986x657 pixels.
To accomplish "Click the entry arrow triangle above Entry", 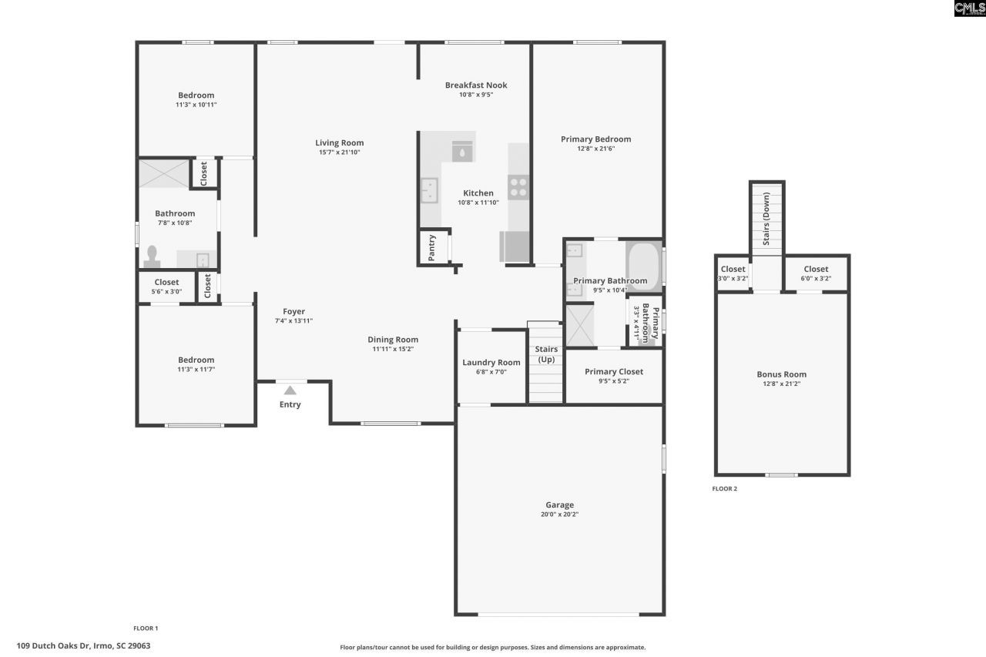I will (x=290, y=391).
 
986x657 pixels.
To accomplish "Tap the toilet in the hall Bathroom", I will (x=152, y=256).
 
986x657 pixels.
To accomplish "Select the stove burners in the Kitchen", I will (x=518, y=187).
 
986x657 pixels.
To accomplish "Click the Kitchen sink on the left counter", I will (x=429, y=190).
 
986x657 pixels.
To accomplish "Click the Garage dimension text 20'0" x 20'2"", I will (x=560, y=515).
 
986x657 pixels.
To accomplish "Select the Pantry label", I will (x=432, y=247).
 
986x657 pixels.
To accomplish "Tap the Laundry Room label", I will (x=491, y=363).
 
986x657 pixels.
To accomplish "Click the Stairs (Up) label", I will (x=546, y=354).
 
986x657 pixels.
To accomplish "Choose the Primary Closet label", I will (x=614, y=371).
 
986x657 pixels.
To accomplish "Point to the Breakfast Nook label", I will (x=476, y=85).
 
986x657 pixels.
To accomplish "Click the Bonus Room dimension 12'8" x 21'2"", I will (x=781, y=384).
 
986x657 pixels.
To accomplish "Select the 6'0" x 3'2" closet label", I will (x=816, y=278).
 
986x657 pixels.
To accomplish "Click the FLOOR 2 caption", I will (x=724, y=488).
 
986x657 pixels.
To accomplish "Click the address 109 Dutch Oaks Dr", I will (x=83, y=645).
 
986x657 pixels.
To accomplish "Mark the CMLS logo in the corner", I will (x=969, y=8).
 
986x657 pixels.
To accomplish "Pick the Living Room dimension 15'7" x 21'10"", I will (x=339, y=153).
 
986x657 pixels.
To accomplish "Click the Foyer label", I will (x=293, y=312).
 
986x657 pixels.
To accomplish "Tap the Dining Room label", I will (x=393, y=340).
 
